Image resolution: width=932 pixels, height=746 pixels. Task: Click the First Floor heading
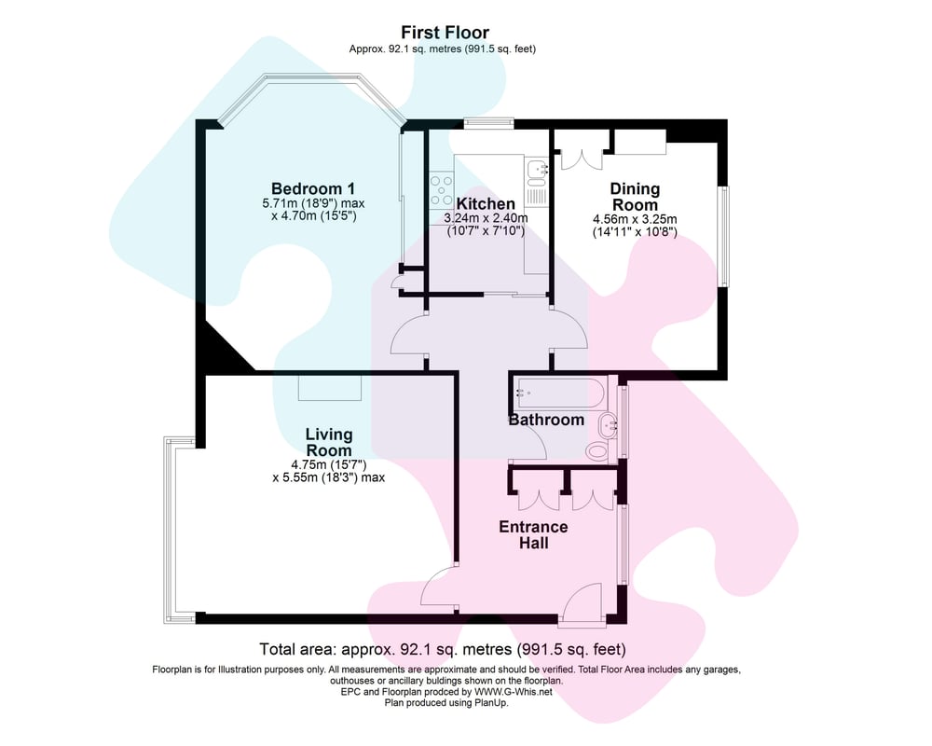coord(445,32)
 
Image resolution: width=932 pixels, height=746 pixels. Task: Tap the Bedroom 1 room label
coord(313,188)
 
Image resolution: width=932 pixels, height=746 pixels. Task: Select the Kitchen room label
coord(486,204)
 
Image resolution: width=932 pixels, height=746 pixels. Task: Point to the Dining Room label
coord(635,197)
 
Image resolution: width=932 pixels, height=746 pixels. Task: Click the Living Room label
coord(329,443)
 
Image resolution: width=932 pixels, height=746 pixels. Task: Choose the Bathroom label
coord(546,420)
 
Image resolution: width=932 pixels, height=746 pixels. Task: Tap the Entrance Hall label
coord(533,535)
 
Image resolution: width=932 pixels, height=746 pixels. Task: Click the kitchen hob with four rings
coord(441,189)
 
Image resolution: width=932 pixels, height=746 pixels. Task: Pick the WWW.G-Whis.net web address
coord(513,692)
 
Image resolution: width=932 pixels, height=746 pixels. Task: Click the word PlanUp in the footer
coord(491,702)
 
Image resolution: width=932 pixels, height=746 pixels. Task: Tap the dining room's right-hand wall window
coord(724,238)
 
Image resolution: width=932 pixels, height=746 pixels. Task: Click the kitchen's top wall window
coord(488,123)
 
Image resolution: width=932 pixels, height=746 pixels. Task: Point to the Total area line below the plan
coord(442,648)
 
